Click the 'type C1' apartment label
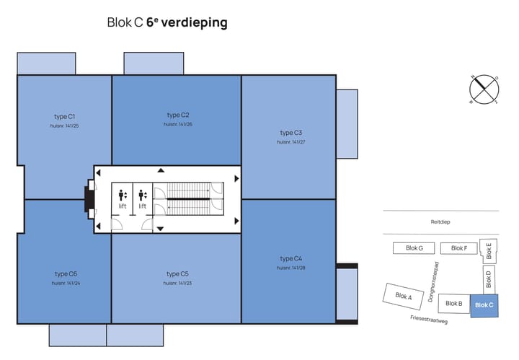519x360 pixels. coord(65,116)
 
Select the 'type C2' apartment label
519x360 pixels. coord(177,115)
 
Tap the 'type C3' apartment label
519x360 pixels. coord(290,133)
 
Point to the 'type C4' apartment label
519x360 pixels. coord(290,258)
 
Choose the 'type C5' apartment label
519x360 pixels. coord(177,273)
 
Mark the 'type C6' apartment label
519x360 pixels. coord(65,273)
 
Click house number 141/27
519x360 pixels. coord(290,142)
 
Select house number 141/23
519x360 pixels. coord(177,283)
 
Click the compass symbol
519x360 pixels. coord(484,89)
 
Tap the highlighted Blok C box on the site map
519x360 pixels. coord(484,305)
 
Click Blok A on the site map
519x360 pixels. coord(404,296)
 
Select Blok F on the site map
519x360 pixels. coord(459,248)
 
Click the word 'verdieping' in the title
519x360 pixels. coord(194,23)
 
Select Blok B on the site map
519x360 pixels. coord(453,304)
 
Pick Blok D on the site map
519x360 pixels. coord(488,279)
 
